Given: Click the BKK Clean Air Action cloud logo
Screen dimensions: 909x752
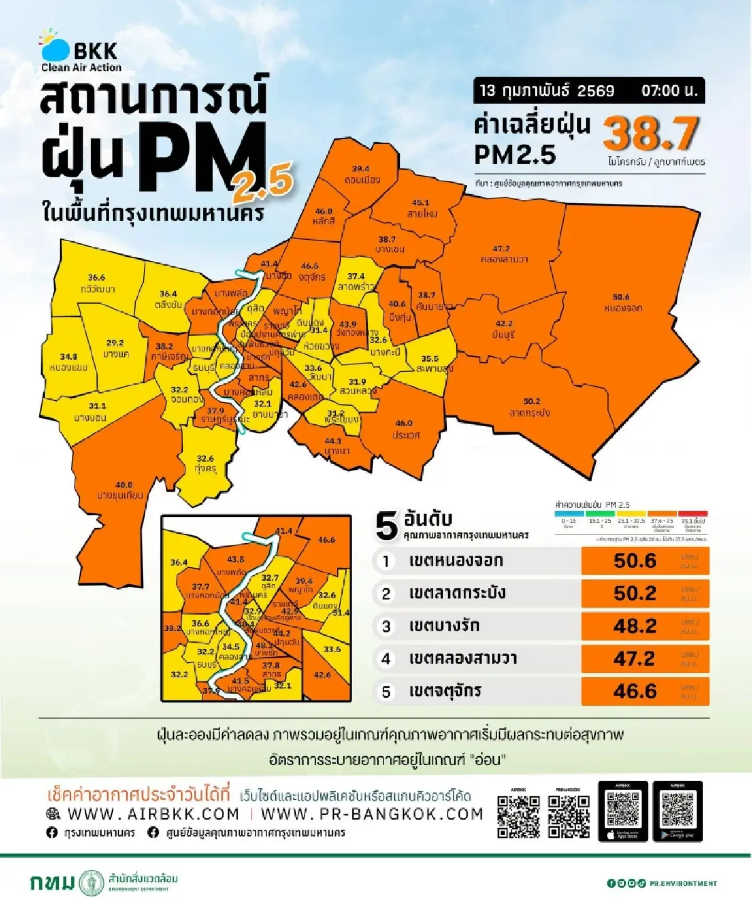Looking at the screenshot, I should pos(55,46).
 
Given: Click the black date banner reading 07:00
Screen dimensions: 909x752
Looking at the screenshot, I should pos(588,90).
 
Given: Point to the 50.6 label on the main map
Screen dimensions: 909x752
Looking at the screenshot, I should pos(621,297).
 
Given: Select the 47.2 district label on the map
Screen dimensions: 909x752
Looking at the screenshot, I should pos(501,249).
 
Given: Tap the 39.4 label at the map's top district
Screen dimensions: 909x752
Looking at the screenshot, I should pos(360,169).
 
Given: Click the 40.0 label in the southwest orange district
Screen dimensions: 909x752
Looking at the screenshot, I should pos(123,485).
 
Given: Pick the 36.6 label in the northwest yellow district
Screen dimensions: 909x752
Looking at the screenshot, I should pos(97,278).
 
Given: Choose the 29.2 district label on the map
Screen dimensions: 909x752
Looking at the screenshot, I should pos(115,343).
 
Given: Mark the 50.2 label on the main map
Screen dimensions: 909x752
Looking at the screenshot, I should pos(531,402).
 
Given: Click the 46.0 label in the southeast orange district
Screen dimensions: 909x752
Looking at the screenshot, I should pos(404,423).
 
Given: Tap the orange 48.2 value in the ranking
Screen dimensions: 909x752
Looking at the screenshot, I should pos(635,626).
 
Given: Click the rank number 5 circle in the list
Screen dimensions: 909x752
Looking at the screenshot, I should pos(386,692).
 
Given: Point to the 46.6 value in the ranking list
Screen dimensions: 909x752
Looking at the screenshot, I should pos(635,691).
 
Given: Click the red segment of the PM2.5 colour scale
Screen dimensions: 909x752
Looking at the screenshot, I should pos(693,514).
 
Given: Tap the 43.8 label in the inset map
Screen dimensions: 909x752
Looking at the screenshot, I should pos(236,559).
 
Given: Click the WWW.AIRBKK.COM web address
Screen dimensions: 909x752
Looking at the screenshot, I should pos(154,814).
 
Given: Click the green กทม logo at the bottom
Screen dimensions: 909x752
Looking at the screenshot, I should pos(53,883).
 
